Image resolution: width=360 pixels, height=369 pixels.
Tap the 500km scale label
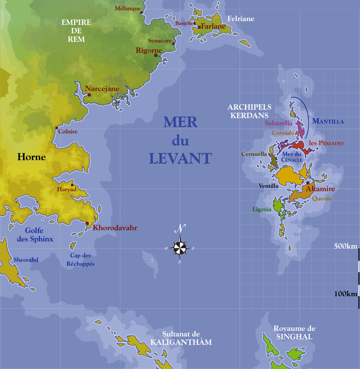(x=345, y=246)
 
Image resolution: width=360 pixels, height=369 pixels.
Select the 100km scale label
(x=346, y=294)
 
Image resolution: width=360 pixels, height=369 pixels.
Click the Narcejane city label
(x=102, y=89)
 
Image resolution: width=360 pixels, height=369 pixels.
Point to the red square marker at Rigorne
(x=156, y=55)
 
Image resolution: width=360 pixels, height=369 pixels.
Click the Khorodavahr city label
(x=115, y=228)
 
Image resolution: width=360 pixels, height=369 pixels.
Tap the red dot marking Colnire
(x=56, y=128)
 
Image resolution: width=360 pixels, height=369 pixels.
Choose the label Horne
(x=32, y=157)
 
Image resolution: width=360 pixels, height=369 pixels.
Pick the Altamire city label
(x=320, y=189)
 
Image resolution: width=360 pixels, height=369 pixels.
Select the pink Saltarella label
(x=278, y=123)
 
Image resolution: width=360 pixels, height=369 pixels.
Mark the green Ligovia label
(x=262, y=209)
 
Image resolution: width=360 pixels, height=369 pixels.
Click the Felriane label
(x=240, y=19)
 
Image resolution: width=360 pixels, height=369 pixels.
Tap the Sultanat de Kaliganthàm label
(x=181, y=338)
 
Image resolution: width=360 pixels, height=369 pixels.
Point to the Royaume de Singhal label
(x=294, y=333)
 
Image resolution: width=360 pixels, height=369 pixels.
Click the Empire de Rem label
(x=76, y=31)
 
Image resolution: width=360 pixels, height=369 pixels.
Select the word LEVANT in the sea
(x=180, y=159)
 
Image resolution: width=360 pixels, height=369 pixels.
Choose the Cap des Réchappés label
(x=80, y=259)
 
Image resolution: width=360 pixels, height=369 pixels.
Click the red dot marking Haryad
(x=72, y=185)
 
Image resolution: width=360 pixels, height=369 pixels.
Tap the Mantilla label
(x=328, y=121)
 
